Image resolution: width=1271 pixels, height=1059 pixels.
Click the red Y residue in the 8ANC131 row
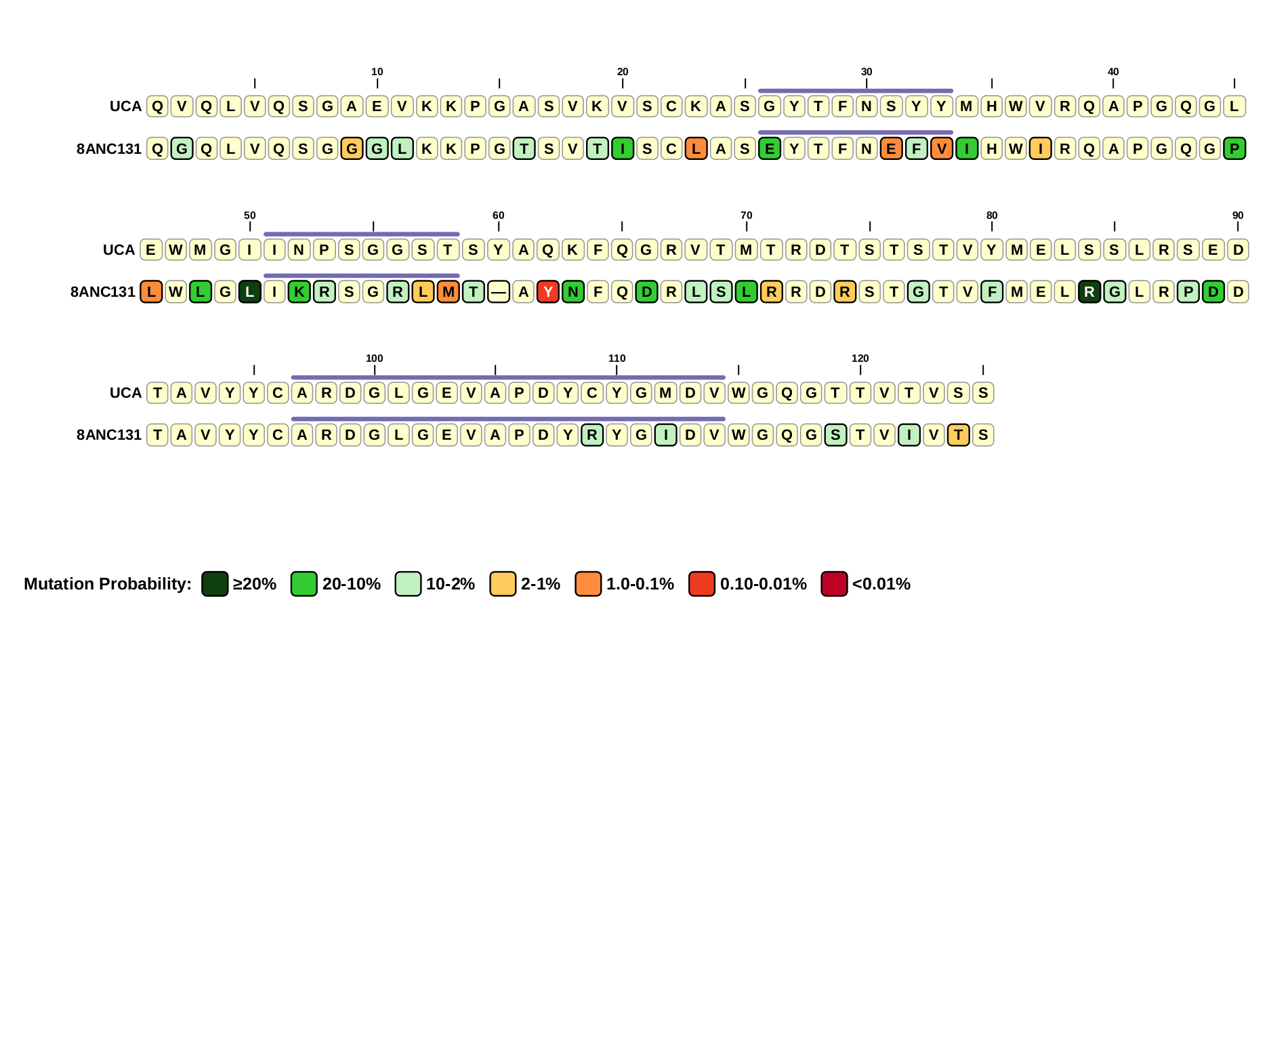[x=548, y=292]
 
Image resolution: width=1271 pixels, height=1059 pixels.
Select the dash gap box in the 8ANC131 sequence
[x=499, y=292]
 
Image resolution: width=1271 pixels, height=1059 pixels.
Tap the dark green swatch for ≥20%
[x=215, y=584]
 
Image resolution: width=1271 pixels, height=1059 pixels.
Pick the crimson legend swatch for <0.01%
[x=834, y=584]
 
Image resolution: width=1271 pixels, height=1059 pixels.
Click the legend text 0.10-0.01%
[x=763, y=584]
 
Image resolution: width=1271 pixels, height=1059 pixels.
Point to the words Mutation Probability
[x=108, y=584]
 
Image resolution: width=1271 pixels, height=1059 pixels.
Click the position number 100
[x=374, y=358]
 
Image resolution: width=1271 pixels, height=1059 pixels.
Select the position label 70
[x=746, y=215]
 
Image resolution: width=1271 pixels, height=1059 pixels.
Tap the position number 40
[x=1112, y=72]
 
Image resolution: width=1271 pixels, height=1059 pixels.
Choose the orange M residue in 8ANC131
[x=449, y=292]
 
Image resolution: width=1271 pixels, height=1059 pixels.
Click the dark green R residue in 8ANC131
[x=1089, y=292]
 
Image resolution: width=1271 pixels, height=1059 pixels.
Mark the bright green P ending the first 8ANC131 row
[x=1234, y=148]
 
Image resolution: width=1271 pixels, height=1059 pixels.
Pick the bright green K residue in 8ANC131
[x=299, y=292]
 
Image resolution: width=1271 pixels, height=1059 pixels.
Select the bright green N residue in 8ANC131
[x=573, y=292]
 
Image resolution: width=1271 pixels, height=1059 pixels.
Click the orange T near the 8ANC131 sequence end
[x=958, y=435]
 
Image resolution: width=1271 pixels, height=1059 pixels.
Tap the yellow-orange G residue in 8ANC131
[x=352, y=148]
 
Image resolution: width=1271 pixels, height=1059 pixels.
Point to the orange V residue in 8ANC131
[x=942, y=148]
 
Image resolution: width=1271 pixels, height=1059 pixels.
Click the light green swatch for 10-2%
[x=408, y=584]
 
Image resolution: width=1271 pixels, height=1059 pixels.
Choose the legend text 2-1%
[x=540, y=584]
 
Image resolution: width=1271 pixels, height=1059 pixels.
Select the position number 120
[x=860, y=358]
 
